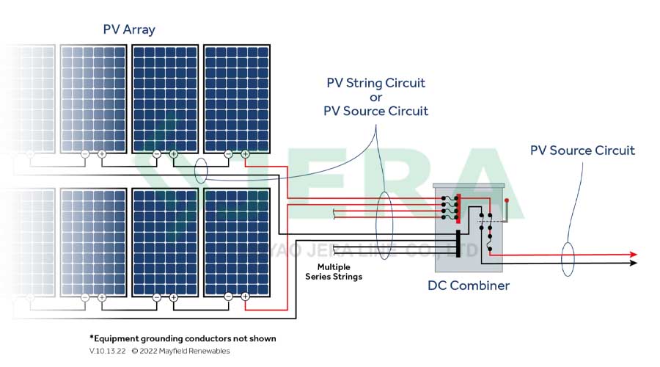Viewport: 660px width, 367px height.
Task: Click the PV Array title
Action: point(129,29)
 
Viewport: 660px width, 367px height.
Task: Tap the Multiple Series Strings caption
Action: point(334,272)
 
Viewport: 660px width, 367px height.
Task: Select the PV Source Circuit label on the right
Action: point(582,150)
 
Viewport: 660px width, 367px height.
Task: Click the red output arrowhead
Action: point(634,255)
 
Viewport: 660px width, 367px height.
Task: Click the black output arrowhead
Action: point(634,262)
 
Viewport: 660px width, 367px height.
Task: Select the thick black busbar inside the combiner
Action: point(458,244)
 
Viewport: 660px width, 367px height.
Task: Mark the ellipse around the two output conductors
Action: point(567,258)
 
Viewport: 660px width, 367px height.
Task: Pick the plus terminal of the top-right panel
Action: point(245,154)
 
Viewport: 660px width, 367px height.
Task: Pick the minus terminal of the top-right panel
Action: point(228,154)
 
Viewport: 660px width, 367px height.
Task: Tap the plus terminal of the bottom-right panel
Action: point(245,297)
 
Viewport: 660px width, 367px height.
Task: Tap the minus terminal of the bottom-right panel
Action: point(228,297)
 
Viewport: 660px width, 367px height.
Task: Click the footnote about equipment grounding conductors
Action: point(183,338)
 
